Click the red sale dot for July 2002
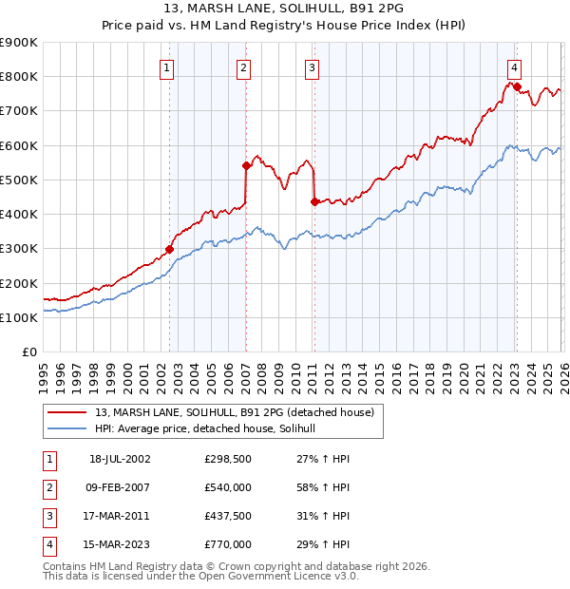tap(170, 250)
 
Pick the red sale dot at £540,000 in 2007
tap(246, 165)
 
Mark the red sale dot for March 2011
tap(314, 200)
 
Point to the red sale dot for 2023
tap(516, 86)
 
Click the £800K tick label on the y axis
tap(19, 76)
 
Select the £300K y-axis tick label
tap(19, 249)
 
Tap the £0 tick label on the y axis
tap(28, 352)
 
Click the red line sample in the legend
tap(67, 412)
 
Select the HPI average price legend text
tap(211, 429)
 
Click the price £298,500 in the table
tap(228, 459)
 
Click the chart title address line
tap(284, 10)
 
